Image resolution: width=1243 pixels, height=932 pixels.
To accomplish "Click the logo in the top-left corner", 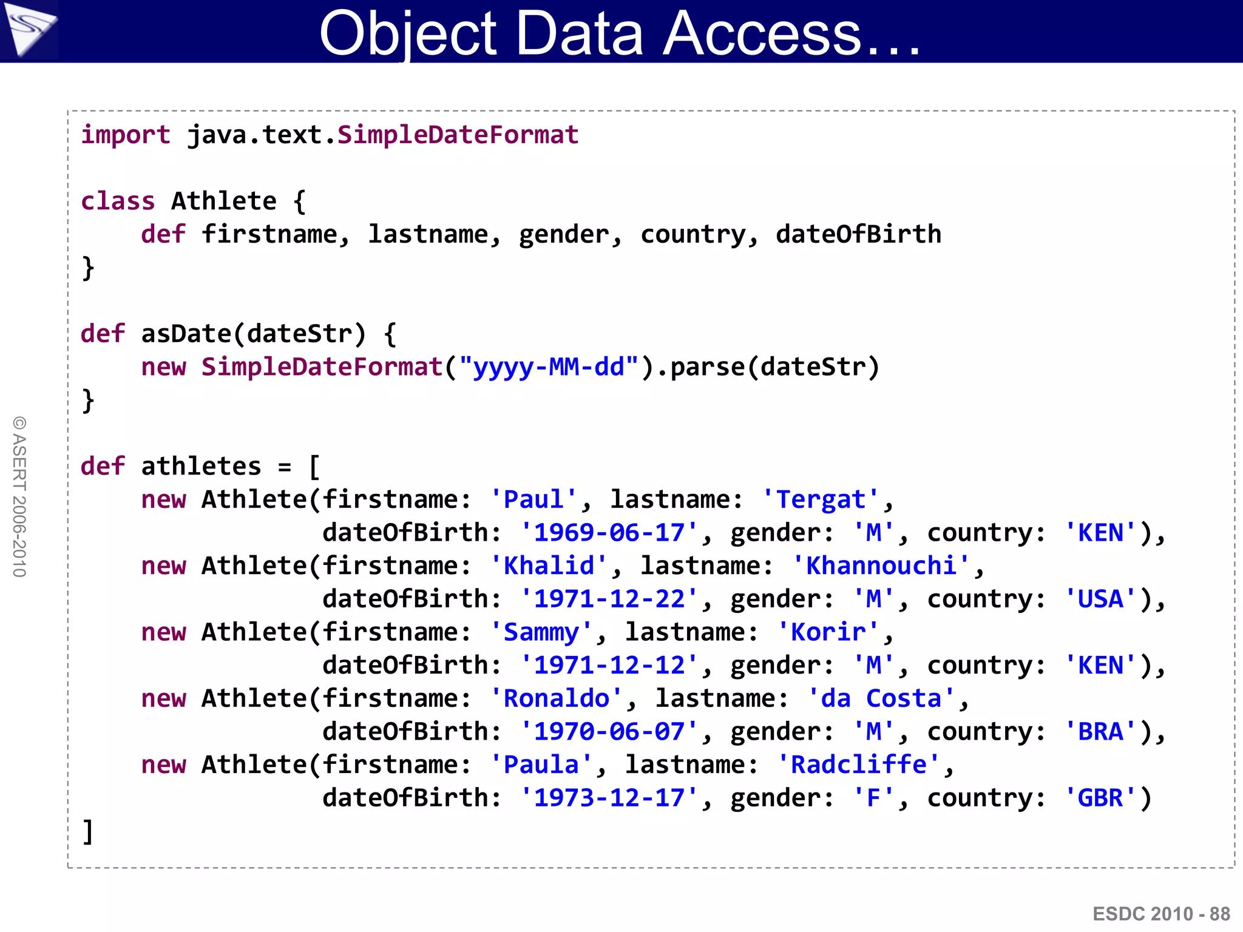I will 29,30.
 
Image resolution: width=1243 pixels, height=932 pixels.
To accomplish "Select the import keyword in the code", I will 126,135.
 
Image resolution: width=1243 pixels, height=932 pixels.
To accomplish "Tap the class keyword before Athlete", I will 118,201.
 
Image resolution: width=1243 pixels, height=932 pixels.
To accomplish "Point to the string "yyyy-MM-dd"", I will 549,367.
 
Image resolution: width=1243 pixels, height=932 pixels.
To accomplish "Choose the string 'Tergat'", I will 821,499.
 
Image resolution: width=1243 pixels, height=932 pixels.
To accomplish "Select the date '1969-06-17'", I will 609,533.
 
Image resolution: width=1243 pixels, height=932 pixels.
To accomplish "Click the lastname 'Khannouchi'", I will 881,566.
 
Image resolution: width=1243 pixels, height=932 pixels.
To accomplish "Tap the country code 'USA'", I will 1100,599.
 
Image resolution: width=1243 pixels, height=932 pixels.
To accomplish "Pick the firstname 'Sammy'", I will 541,632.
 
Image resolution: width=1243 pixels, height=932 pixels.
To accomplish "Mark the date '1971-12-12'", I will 609,666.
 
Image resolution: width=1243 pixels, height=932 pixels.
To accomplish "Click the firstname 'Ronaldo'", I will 556,698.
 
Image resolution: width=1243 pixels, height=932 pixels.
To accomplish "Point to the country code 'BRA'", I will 1100,732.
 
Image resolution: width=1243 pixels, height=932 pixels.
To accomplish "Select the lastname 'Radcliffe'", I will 858,765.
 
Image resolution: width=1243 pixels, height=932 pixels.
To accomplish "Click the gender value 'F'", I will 873,798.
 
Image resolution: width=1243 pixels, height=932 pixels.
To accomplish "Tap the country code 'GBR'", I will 1100,798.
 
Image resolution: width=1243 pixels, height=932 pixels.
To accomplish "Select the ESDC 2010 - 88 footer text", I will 1161,914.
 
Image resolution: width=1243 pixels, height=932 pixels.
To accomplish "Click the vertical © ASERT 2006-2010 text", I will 19,496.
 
